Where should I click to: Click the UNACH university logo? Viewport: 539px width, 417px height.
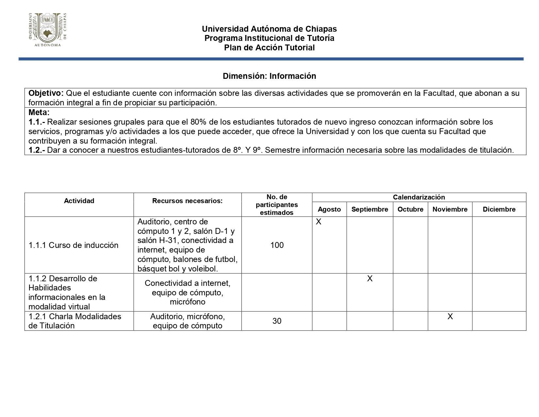48,30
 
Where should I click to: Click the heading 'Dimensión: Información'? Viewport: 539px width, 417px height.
269,76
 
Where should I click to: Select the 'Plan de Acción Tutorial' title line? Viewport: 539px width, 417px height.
269,48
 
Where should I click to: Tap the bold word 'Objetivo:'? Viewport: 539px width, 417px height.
46,93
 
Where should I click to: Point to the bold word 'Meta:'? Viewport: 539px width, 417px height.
39,113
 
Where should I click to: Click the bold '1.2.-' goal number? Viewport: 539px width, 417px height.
37,150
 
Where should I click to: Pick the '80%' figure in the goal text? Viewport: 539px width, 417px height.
199,122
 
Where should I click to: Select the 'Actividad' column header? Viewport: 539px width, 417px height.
79,201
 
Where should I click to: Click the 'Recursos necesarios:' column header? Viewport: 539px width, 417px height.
187,201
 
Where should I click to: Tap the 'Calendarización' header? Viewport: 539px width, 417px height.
419,197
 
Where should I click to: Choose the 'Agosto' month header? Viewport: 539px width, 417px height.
329,209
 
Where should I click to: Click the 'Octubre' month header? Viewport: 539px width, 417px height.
410,209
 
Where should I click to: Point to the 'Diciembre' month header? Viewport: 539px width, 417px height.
499,209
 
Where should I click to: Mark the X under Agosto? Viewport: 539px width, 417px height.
318,222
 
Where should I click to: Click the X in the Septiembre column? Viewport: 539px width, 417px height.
369,279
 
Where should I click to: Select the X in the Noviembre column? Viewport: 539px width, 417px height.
450,317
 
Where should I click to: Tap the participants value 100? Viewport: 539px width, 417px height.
277,245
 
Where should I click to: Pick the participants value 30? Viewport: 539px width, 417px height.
277,321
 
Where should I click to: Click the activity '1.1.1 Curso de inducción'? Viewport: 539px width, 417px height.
73,245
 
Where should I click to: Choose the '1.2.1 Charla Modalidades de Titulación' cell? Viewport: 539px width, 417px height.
75,321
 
